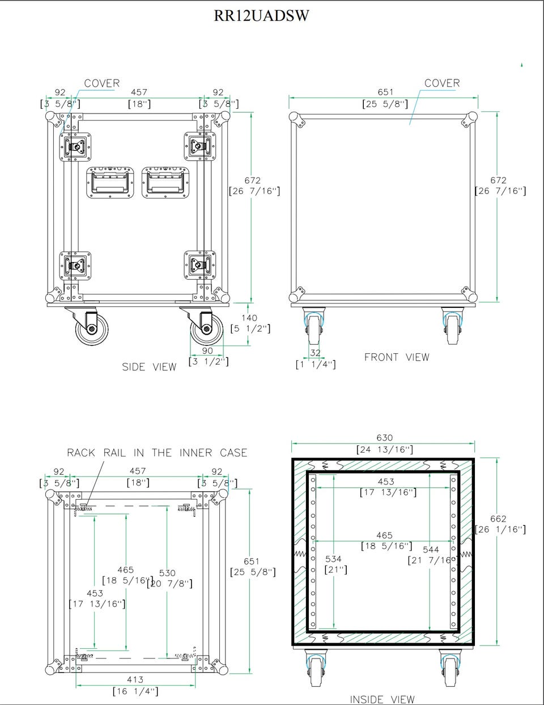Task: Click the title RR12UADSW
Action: point(261,15)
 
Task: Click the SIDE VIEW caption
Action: point(149,367)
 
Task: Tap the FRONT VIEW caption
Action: point(397,357)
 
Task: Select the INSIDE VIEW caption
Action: point(382,699)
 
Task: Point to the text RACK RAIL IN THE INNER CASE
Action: point(157,453)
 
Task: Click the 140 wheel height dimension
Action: point(249,318)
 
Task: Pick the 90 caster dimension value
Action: point(207,351)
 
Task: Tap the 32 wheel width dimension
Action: point(315,353)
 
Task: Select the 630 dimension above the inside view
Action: point(385,438)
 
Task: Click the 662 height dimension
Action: point(498,519)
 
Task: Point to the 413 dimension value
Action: point(135,679)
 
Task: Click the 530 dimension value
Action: point(167,573)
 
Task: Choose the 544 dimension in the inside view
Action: point(431,550)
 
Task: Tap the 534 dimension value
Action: point(333,559)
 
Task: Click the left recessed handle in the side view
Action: point(110,182)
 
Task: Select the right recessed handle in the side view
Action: point(166,182)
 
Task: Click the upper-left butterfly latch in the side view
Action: point(75,147)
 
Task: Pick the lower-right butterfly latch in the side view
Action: point(200,265)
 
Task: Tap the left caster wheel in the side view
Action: point(92,330)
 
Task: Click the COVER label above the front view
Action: point(442,83)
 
